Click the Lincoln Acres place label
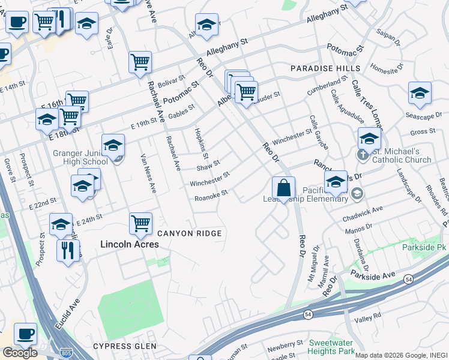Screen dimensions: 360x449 129,244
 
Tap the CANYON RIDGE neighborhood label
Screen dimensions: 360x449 190,233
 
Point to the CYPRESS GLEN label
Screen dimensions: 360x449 125,346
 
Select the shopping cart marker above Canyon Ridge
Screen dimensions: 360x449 140,223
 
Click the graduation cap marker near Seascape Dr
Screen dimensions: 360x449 420,92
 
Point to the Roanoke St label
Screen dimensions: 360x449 211,196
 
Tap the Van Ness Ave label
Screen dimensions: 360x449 148,173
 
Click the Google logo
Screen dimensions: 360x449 20,353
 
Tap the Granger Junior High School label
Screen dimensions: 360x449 80,157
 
